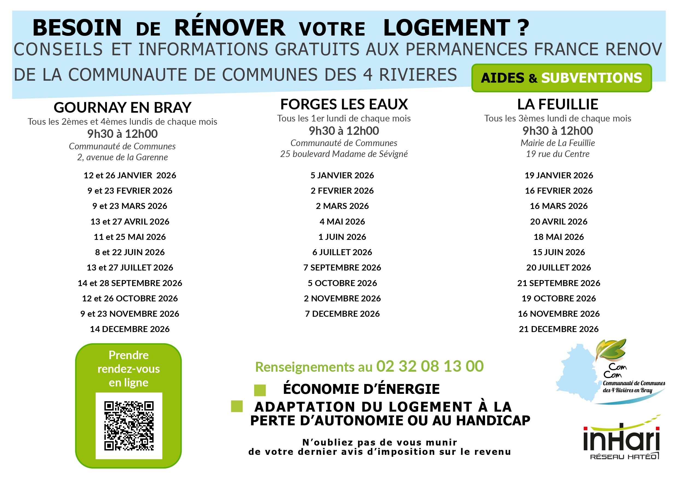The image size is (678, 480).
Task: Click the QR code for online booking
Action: tap(129, 426)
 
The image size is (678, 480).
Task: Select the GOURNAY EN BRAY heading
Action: tap(122, 107)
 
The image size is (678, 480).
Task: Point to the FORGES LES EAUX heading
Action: tap(344, 104)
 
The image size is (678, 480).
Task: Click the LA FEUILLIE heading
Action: tap(557, 104)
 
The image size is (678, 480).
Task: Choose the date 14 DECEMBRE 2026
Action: tap(130, 329)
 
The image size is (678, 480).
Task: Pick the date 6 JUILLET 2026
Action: tap(342, 252)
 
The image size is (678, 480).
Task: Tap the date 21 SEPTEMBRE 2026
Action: tap(558, 283)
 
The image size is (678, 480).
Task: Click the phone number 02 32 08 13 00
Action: tap(430, 366)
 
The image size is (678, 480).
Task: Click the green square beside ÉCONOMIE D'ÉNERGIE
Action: tap(260, 390)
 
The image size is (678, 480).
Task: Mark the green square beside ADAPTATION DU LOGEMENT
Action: tap(237, 406)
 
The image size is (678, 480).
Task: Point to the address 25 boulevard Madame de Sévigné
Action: tap(344, 154)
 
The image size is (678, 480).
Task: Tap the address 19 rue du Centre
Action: tap(557, 154)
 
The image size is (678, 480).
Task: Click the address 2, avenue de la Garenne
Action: tap(122, 157)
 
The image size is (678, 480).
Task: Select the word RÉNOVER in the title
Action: tap(230, 28)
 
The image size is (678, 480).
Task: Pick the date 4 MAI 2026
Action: tap(342, 221)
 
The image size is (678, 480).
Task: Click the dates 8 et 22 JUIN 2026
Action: tap(130, 252)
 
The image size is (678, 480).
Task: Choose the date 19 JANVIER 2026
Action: tap(558, 175)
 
